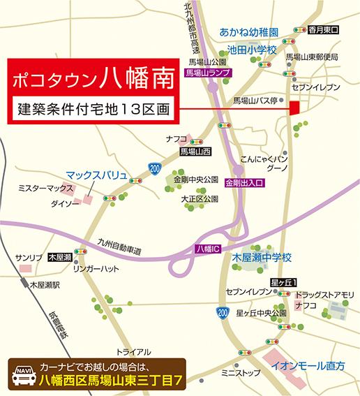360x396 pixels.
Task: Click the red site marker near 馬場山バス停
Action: [x=294, y=108]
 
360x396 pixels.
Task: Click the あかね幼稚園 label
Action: [x=249, y=33]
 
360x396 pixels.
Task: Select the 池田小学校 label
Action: [x=252, y=50]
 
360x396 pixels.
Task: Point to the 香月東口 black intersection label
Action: [x=324, y=31]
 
